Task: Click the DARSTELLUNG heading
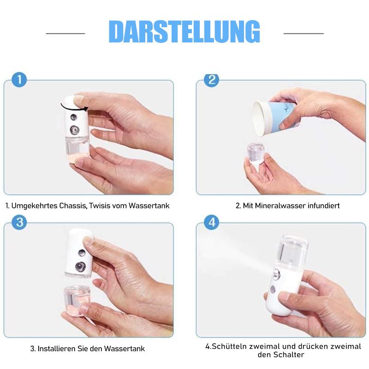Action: click(184, 32)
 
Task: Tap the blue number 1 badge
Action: click(19, 79)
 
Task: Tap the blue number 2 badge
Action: click(211, 79)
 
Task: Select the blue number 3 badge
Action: click(19, 222)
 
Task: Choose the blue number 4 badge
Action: click(211, 222)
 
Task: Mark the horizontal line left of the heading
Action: click(65, 33)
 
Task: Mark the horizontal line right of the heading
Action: click(303, 33)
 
